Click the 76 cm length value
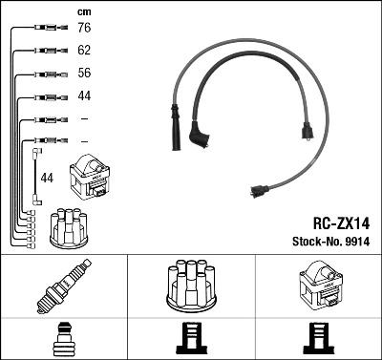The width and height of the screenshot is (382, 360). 85,29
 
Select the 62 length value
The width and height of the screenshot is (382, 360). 85,51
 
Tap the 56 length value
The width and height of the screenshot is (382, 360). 85,74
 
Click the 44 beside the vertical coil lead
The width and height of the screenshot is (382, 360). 47,179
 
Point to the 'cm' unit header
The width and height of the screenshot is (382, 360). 84,11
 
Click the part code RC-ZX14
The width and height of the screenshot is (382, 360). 340,221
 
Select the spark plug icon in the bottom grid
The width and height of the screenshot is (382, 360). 63,288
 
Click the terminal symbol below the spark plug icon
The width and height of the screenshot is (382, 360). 63,338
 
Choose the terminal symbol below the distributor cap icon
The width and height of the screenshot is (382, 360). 190,338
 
